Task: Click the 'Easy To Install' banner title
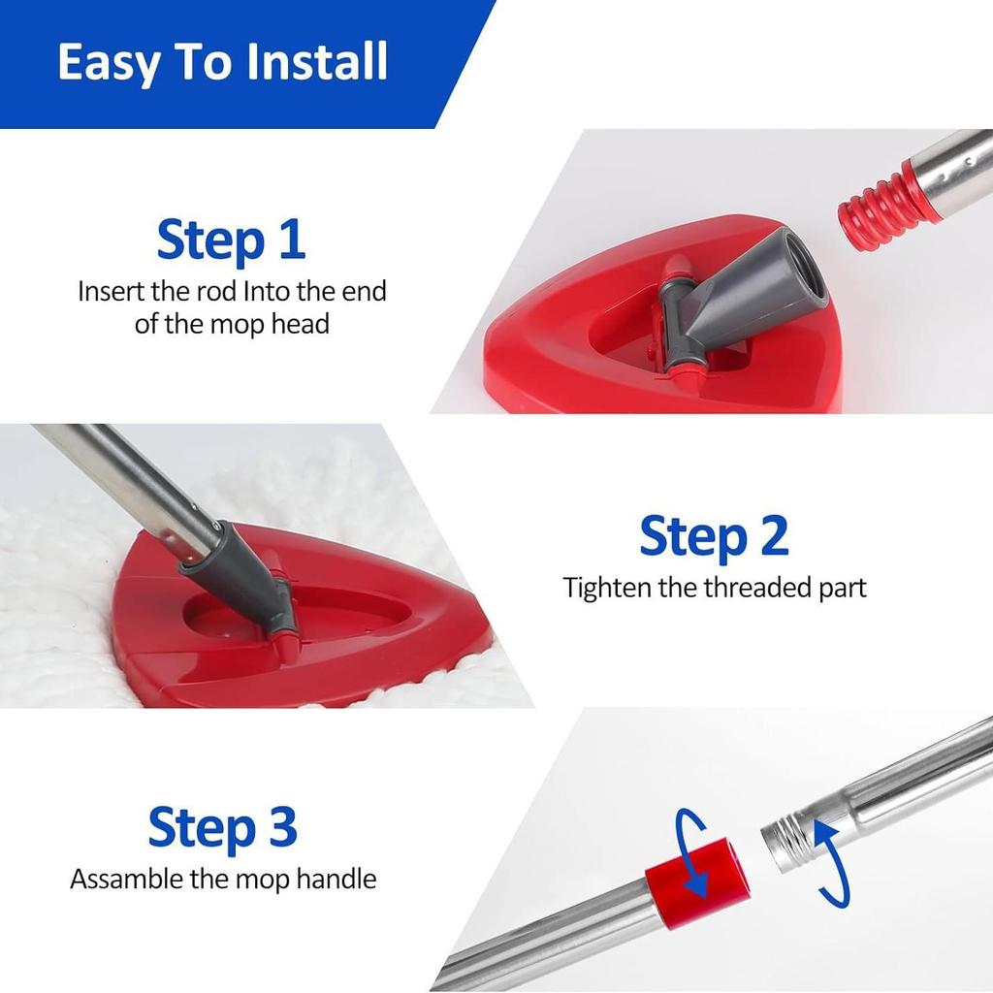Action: point(222,61)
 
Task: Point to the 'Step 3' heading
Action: point(222,827)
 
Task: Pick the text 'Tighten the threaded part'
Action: point(715,588)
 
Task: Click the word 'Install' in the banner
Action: point(317,61)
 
